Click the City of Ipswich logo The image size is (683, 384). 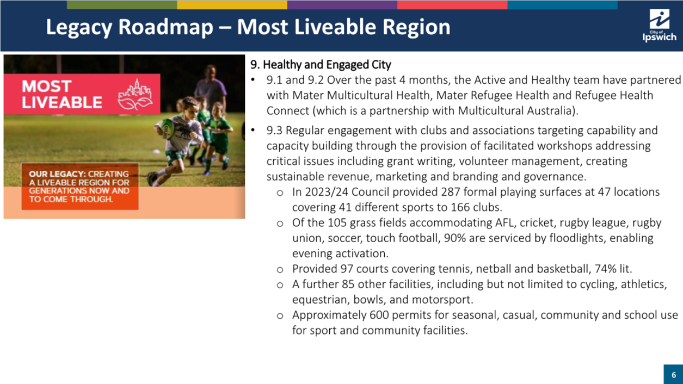(660, 26)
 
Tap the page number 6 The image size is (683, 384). (674, 375)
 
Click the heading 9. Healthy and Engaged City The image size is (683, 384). (321, 65)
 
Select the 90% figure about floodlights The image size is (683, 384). (455, 238)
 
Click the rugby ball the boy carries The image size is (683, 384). (166, 128)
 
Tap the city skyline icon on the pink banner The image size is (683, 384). (135, 94)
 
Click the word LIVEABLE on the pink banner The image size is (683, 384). (62, 102)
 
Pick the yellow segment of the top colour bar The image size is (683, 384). (232, 5)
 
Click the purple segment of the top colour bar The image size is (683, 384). (342, 5)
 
